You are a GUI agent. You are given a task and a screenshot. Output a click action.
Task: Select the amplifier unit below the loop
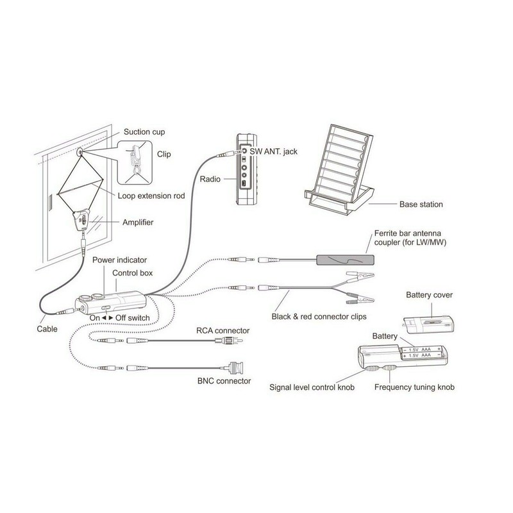pyautogui.click(x=85, y=222)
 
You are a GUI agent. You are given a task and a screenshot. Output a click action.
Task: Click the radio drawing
pyautogui.click(x=246, y=169)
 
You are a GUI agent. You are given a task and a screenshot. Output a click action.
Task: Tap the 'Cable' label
pyautogui.click(x=47, y=330)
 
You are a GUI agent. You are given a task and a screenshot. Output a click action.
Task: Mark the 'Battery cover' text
pyautogui.click(x=430, y=295)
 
